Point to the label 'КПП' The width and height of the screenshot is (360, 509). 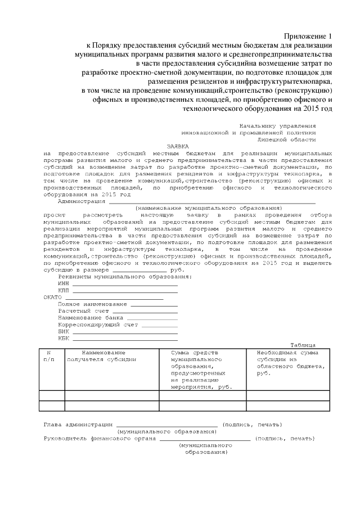64,290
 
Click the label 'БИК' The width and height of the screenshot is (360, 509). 64,331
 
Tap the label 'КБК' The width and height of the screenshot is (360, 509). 64,338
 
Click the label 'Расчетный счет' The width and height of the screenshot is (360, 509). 83,310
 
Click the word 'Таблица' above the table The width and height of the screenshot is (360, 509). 303,345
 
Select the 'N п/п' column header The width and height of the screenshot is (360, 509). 48,355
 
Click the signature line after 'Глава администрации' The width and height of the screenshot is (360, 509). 166,424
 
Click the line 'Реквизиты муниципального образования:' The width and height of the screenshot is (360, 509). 125,277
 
